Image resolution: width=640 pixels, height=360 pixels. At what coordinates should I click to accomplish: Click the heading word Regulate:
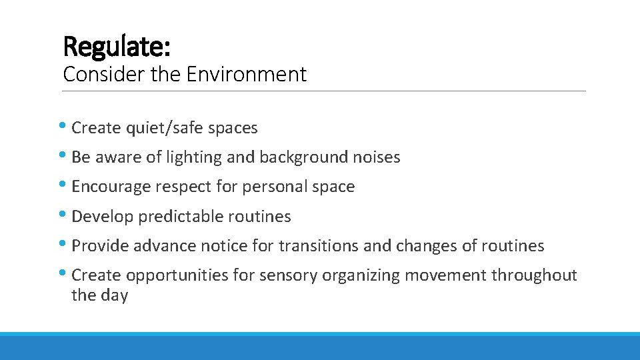[x=117, y=46]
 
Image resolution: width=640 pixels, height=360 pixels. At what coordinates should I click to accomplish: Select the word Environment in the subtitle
[x=247, y=74]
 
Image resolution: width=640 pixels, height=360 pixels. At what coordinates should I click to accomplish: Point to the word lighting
[x=193, y=157]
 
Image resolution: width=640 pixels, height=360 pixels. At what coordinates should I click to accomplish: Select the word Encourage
[x=111, y=187]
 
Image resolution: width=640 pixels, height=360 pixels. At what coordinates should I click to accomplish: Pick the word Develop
[x=97, y=217]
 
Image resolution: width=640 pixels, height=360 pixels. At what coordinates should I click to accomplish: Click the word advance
[x=165, y=246]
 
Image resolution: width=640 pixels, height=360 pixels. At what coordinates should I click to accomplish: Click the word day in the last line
[x=114, y=295]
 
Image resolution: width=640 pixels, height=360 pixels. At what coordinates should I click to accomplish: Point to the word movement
[x=453, y=275]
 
